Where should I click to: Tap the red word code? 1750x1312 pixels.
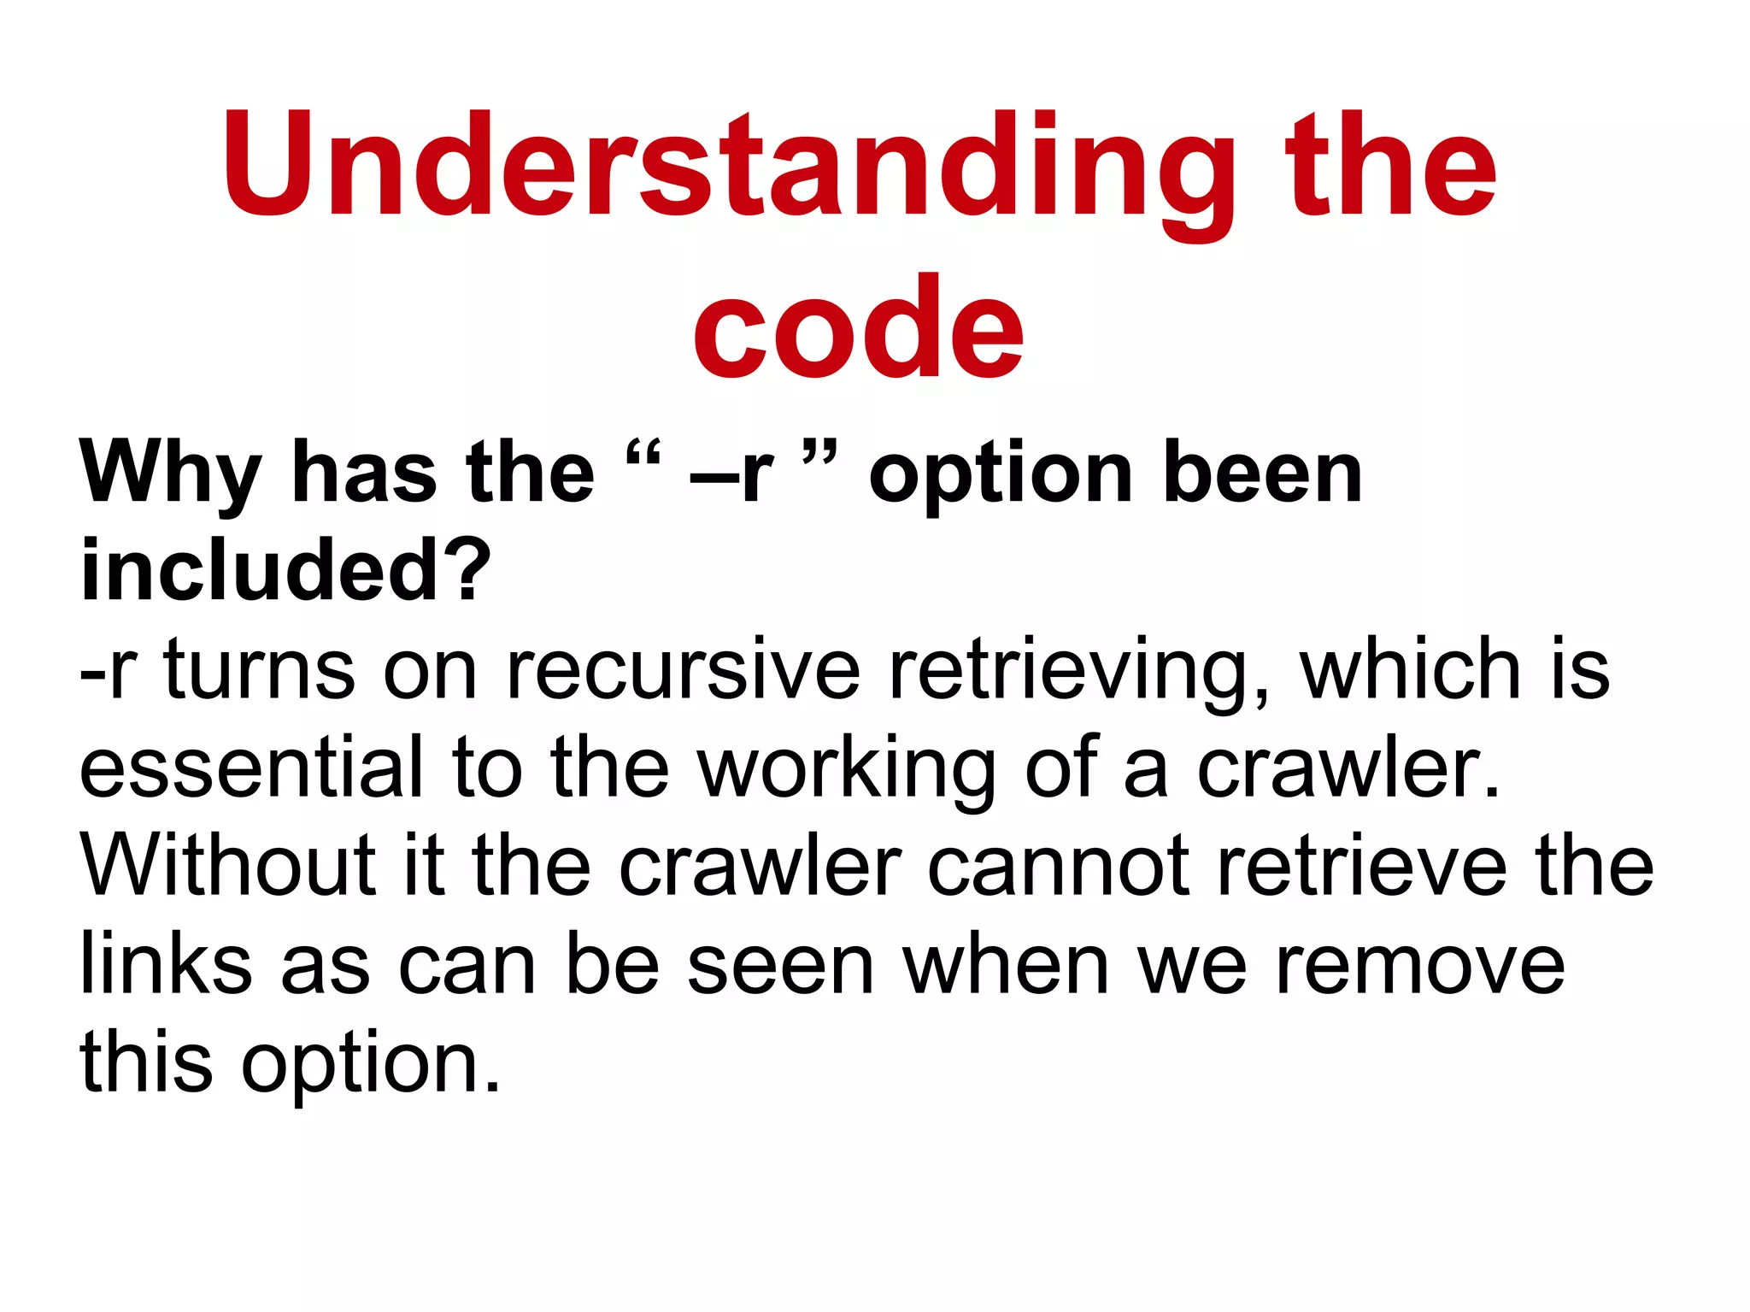(858, 327)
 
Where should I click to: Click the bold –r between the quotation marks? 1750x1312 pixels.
(731, 475)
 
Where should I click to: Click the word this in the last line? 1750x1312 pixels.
(146, 1062)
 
